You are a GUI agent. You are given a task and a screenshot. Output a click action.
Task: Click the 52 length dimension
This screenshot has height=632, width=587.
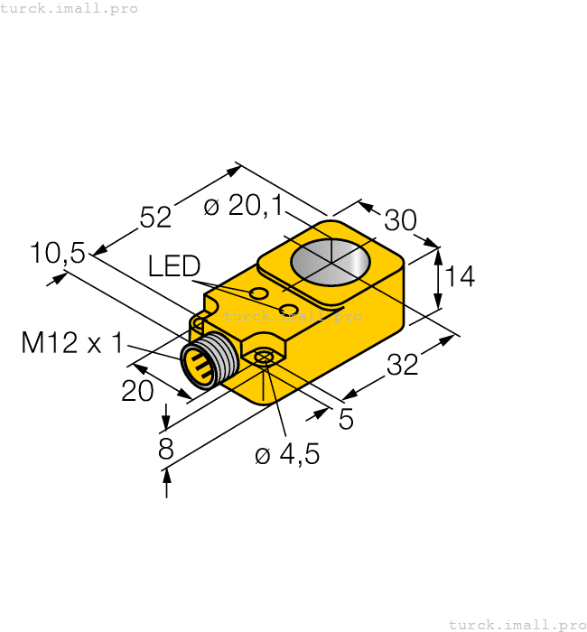tap(155, 217)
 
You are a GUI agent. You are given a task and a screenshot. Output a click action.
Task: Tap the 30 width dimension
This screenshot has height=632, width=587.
tap(400, 220)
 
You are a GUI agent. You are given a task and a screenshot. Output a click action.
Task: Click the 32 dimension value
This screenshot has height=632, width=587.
tap(403, 366)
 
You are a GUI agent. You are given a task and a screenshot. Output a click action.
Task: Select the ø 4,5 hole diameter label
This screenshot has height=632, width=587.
tap(287, 455)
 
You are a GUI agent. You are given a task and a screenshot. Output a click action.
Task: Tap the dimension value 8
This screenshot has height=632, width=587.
tap(165, 449)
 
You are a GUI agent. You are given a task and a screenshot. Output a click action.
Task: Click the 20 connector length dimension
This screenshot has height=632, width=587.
tap(138, 390)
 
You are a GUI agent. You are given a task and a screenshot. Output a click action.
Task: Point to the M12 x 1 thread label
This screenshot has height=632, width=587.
tap(71, 343)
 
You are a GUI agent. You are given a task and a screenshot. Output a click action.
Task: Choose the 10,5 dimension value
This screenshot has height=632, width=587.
tap(57, 254)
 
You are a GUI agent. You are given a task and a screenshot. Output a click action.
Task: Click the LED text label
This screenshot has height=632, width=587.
tap(174, 265)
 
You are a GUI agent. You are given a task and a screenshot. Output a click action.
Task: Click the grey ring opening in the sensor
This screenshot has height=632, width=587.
tap(331, 262)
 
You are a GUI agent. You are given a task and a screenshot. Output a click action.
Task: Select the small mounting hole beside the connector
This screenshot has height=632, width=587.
tap(263, 358)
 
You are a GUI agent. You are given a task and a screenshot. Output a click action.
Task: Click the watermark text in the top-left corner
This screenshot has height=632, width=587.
tap(70, 8)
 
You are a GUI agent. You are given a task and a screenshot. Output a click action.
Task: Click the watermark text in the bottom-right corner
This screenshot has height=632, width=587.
tap(517, 624)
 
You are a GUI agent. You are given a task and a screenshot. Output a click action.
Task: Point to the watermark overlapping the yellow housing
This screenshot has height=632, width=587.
tap(293, 317)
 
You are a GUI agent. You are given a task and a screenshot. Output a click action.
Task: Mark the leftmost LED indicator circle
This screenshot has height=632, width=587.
tap(259, 293)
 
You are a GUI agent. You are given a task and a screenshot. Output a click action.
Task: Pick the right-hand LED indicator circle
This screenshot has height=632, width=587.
tap(289, 310)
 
